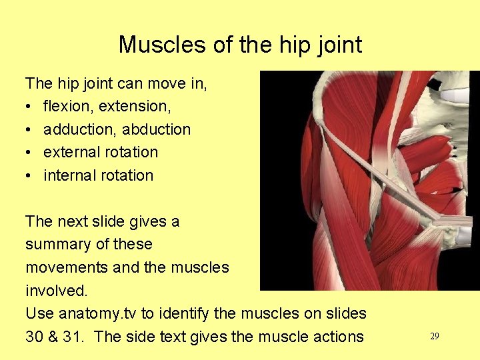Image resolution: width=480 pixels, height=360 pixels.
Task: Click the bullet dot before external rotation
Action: [29, 153]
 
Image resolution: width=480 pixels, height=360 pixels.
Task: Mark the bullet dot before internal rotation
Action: [29, 176]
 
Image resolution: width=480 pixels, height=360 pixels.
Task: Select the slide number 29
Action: [434, 337]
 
